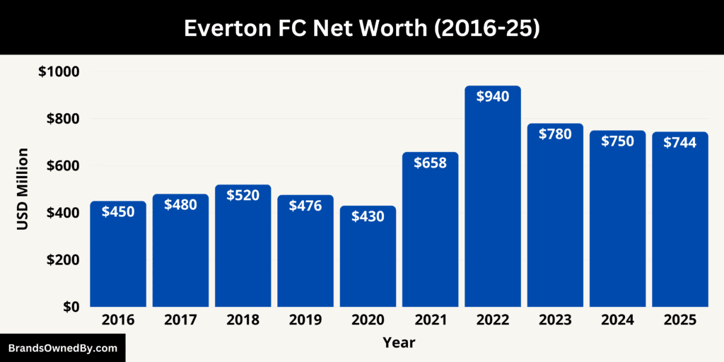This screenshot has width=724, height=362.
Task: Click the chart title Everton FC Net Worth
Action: point(361,28)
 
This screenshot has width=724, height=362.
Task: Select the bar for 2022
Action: point(493,205)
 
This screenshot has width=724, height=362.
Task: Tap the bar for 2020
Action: point(368,262)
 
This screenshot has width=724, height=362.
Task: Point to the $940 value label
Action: point(493,97)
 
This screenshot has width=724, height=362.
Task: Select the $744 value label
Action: point(680,142)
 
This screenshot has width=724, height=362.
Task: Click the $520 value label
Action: point(243,195)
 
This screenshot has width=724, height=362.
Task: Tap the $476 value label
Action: point(305,206)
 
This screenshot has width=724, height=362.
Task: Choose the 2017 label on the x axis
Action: point(180,320)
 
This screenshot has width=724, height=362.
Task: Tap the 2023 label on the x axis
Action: point(555,320)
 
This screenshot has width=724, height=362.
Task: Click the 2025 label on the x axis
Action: point(680,320)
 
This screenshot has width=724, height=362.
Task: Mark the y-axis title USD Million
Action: point(23,189)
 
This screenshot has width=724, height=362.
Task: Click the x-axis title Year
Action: point(399,343)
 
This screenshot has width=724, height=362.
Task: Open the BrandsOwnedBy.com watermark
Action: point(62,348)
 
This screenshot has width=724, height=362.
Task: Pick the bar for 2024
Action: point(618,226)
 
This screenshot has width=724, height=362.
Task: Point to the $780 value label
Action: point(555,134)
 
